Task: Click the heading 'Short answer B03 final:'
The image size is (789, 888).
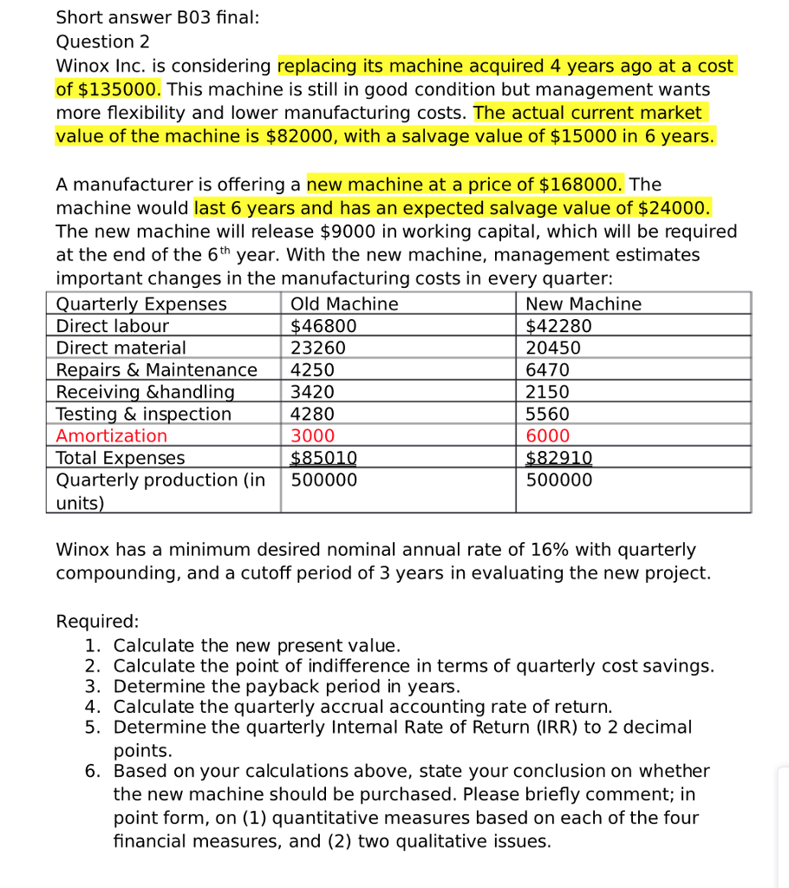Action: (x=157, y=17)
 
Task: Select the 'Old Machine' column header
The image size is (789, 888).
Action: (x=344, y=304)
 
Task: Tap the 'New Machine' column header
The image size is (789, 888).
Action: (x=584, y=304)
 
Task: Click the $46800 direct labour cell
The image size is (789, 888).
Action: (x=323, y=326)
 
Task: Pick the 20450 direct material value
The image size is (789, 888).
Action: (x=553, y=348)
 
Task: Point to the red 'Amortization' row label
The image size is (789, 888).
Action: (x=111, y=435)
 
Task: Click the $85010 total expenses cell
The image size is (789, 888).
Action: (x=323, y=458)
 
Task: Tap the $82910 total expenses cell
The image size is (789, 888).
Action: (x=559, y=458)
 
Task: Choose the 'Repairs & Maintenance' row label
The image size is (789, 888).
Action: (x=156, y=370)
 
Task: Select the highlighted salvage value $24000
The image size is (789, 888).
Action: (x=674, y=208)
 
